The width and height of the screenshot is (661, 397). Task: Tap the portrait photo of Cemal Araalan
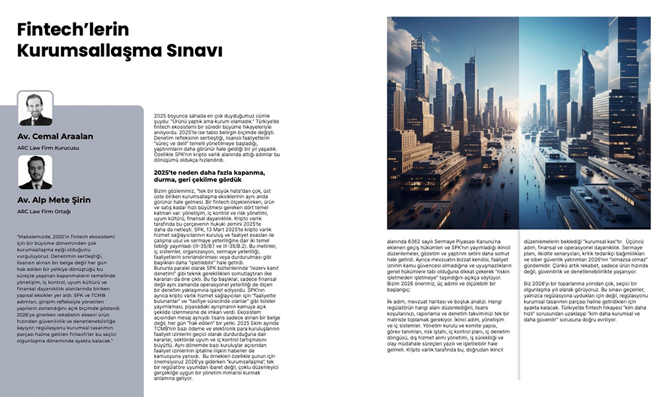click(35, 109)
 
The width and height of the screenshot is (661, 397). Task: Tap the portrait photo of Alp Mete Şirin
click(35, 173)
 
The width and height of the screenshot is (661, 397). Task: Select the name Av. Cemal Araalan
click(56, 136)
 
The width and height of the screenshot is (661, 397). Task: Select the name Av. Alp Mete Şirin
click(54, 200)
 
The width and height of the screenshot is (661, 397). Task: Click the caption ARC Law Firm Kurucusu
click(48, 148)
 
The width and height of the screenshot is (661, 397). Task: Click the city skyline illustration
click(519, 123)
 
